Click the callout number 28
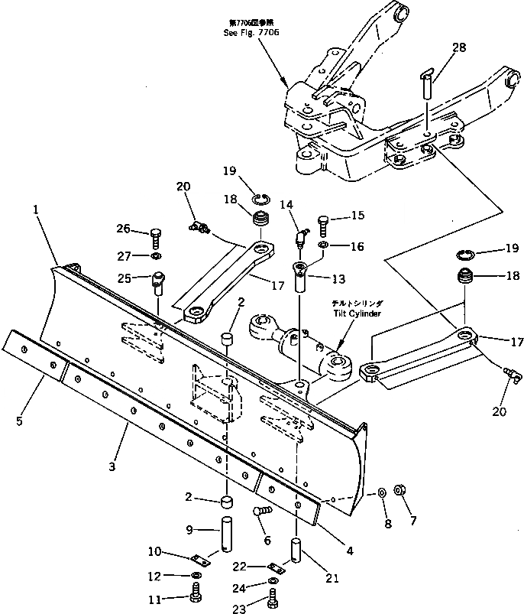click(458, 49)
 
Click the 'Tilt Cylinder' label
click(356, 311)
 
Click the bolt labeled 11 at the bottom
click(198, 593)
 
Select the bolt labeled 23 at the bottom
click(273, 604)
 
